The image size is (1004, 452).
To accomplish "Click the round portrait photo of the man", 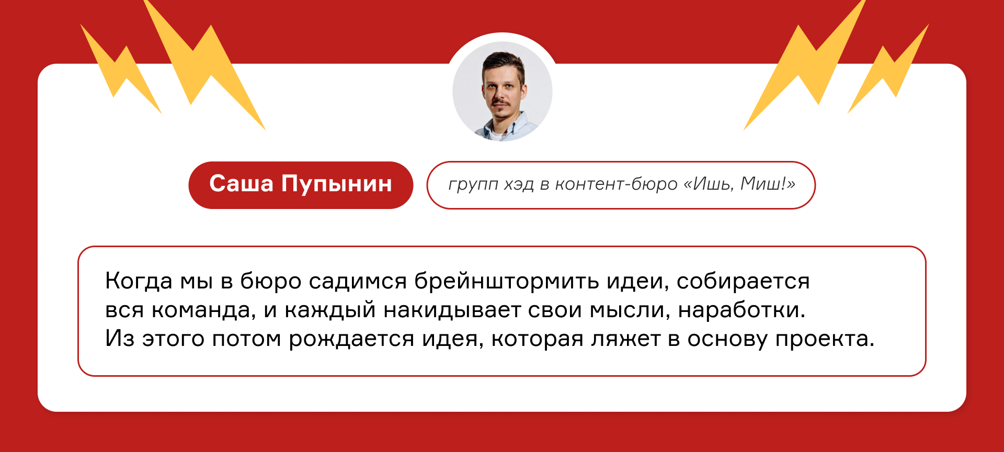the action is click(502, 91).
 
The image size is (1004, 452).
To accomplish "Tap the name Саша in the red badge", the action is click(241, 184).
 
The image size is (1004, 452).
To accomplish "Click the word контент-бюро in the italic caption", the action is click(616, 184).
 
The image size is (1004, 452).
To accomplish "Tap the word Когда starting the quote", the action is click(139, 282).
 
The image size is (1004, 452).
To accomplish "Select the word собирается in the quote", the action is click(743, 282).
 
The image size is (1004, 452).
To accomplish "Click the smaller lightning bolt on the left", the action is click(120, 68).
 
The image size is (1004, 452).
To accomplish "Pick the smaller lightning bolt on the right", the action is click(888, 68).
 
